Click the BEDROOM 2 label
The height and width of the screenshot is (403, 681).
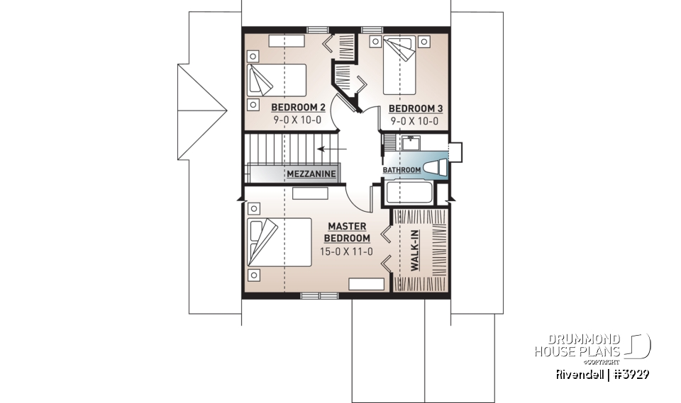point(298,108)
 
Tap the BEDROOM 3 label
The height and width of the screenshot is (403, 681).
point(415,108)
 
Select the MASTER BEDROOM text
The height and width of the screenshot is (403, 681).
point(348,232)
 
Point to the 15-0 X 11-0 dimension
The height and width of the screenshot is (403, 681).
point(348,252)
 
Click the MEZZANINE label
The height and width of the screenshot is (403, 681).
point(311,174)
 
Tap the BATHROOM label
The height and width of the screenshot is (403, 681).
point(402,170)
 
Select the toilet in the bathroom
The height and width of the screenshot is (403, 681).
point(436,168)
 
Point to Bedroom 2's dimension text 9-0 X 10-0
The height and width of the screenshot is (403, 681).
point(298,120)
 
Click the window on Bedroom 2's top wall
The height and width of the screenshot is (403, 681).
point(318,30)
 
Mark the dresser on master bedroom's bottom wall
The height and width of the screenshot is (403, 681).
point(366,284)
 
